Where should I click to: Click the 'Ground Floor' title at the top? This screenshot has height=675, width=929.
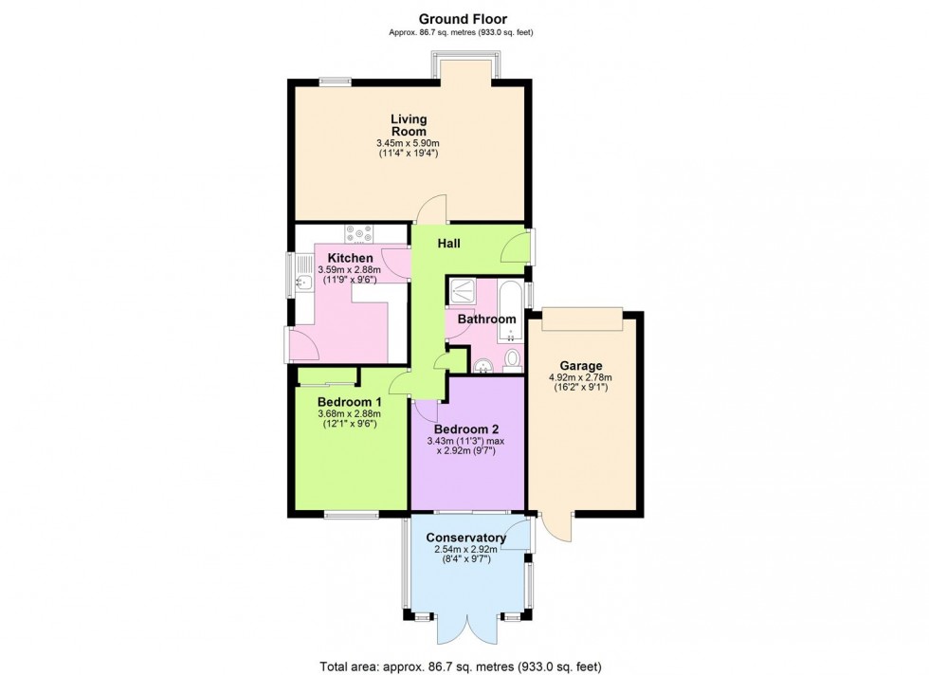[x=464, y=18]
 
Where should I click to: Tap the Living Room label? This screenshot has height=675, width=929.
[x=410, y=125]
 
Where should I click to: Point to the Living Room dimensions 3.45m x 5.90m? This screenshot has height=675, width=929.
[x=410, y=144]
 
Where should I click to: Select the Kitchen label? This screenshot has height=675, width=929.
[x=350, y=258]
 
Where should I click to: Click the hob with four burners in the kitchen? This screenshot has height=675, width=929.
[x=360, y=232]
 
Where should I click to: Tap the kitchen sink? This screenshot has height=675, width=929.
[x=303, y=281]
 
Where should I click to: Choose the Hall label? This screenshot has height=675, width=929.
[x=448, y=244]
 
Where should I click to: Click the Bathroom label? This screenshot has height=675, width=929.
[x=486, y=319]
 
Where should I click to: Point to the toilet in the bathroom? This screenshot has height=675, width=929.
[x=513, y=358]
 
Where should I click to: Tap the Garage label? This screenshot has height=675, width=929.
[x=582, y=367]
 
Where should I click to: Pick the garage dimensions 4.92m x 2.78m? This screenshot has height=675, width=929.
[x=582, y=379]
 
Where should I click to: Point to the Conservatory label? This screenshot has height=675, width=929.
[x=465, y=538]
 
